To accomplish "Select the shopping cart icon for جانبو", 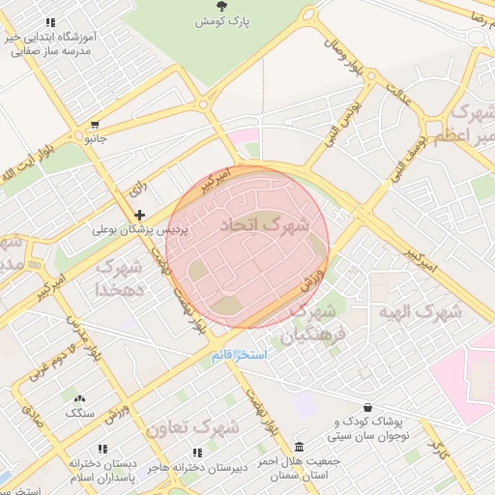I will (x=95, y=125).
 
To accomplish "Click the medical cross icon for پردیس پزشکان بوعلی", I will (x=140, y=215).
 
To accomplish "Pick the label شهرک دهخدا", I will (x=120, y=277).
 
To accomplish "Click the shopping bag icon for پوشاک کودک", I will (x=367, y=408).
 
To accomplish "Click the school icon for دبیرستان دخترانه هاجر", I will (x=197, y=452).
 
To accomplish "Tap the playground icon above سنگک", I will (x=80, y=398).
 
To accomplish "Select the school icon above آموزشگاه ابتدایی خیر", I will (x=50, y=21).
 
